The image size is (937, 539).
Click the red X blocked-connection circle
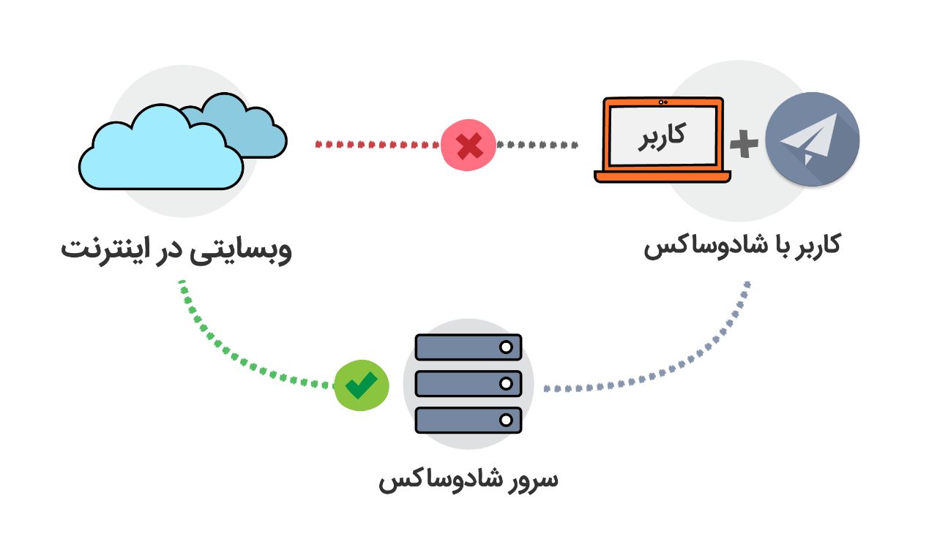click(x=468, y=145)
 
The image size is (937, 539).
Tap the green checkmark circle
click(x=361, y=384)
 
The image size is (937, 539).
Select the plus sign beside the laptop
click(x=744, y=145)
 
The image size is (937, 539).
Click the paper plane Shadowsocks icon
click(x=812, y=139)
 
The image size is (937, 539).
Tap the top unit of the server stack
click(x=468, y=347)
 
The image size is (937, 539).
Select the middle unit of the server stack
click(x=468, y=383)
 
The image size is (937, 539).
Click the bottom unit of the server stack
click(x=468, y=419)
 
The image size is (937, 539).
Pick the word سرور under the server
click(x=530, y=480)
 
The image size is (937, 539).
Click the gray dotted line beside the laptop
click(x=538, y=145)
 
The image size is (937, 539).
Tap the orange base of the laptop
click(x=662, y=176)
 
